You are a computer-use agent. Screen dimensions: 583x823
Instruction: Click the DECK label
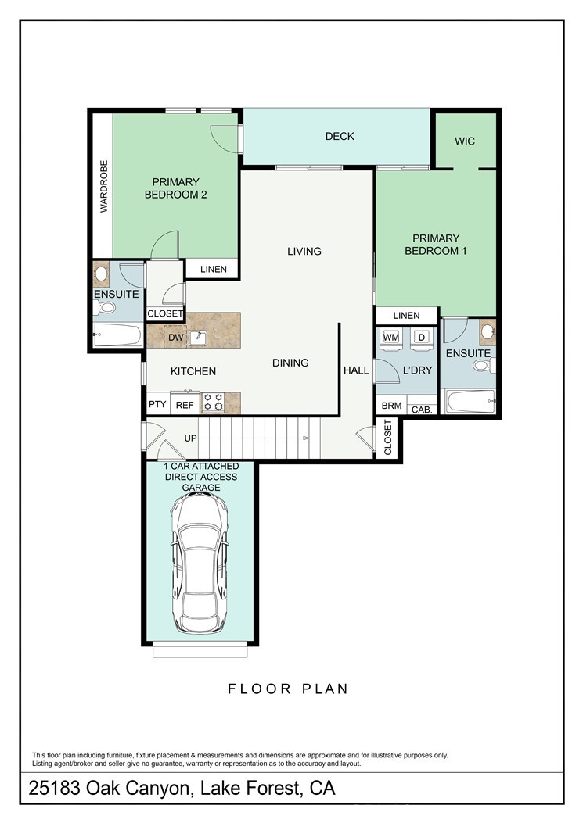click(340, 137)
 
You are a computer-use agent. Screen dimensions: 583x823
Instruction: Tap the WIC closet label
click(465, 141)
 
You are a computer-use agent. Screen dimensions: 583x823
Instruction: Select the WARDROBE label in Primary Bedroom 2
click(103, 186)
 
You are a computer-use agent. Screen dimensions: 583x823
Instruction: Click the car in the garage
click(200, 564)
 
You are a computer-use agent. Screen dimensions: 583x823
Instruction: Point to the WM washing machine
click(391, 338)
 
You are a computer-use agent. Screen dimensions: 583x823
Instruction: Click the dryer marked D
click(420, 338)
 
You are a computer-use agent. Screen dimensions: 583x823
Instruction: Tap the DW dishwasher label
click(175, 338)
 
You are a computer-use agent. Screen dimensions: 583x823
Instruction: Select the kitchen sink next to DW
click(198, 338)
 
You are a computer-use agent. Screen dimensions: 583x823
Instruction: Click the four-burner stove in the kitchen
click(214, 403)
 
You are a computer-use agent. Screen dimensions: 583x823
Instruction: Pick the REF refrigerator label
click(185, 405)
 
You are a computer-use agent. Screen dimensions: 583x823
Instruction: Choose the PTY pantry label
click(157, 404)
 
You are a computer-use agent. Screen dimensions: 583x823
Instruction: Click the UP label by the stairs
click(190, 438)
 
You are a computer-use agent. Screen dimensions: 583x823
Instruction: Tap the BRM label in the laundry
click(391, 406)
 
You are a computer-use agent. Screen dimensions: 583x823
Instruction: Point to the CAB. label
click(422, 410)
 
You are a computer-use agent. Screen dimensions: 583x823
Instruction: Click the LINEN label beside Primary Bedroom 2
click(214, 270)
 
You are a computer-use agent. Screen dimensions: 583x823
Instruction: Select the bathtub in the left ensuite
click(117, 335)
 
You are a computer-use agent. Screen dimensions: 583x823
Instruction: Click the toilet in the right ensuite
click(484, 365)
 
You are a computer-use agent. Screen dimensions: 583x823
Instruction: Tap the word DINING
click(290, 363)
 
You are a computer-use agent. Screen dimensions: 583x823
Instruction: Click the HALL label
click(356, 370)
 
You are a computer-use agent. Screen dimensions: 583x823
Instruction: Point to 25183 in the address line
click(55, 789)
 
